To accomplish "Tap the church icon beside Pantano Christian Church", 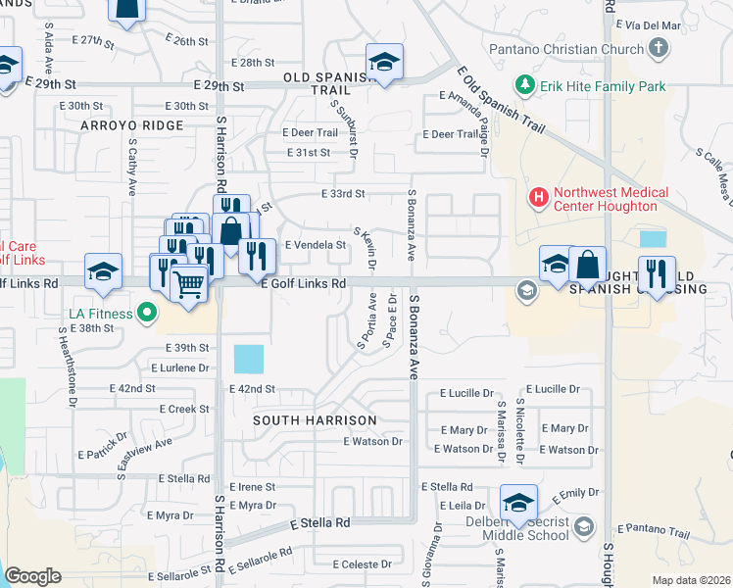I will (658, 48).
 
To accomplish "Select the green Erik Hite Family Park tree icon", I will (527, 86).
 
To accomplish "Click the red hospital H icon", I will (538, 198).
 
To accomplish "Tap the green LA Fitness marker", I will (147, 314).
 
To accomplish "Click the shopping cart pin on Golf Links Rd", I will (189, 284).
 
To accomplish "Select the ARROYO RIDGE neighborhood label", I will (132, 125).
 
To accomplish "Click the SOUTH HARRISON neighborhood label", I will (315, 419).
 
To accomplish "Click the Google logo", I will (32, 576).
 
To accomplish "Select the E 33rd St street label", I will (343, 194).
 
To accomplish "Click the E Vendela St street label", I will (316, 245).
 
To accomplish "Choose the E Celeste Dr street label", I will (362, 564).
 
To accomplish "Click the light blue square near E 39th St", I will (249, 359).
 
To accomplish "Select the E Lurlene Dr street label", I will (179, 368).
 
